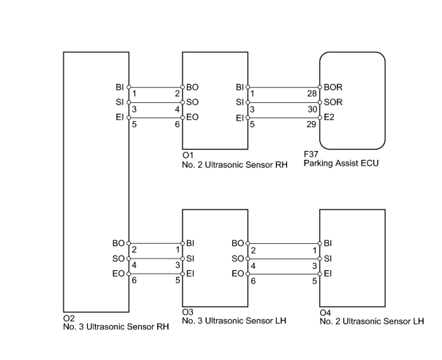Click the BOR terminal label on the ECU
pyautogui.click(x=333, y=88)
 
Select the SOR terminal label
pyautogui.click(x=333, y=102)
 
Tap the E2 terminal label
pyautogui.click(x=329, y=117)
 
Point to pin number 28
pyautogui.click(x=312, y=93)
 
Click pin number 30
pyautogui.click(x=313, y=110)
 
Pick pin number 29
pyautogui.click(x=311, y=124)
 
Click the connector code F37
pyautogui.click(x=311, y=154)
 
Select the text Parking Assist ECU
pyautogui.click(x=341, y=164)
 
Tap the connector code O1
pyautogui.click(x=188, y=156)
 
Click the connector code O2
pyautogui.click(x=69, y=318)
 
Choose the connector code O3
pyautogui.click(x=188, y=312)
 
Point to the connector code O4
pyautogui.click(x=325, y=313)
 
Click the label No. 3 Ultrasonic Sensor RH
pyautogui.click(x=116, y=326)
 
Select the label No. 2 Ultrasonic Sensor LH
pyautogui.click(x=372, y=321)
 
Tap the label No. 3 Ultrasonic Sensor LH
pyautogui.click(x=235, y=321)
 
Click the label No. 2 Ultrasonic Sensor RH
pyautogui.click(x=235, y=165)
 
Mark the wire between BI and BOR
pyautogui.click(x=284, y=88)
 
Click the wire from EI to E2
pyautogui.click(x=284, y=118)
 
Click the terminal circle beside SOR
pyautogui.click(x=320, y=102)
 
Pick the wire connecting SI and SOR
pyautogui.click(x=284, y=102)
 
